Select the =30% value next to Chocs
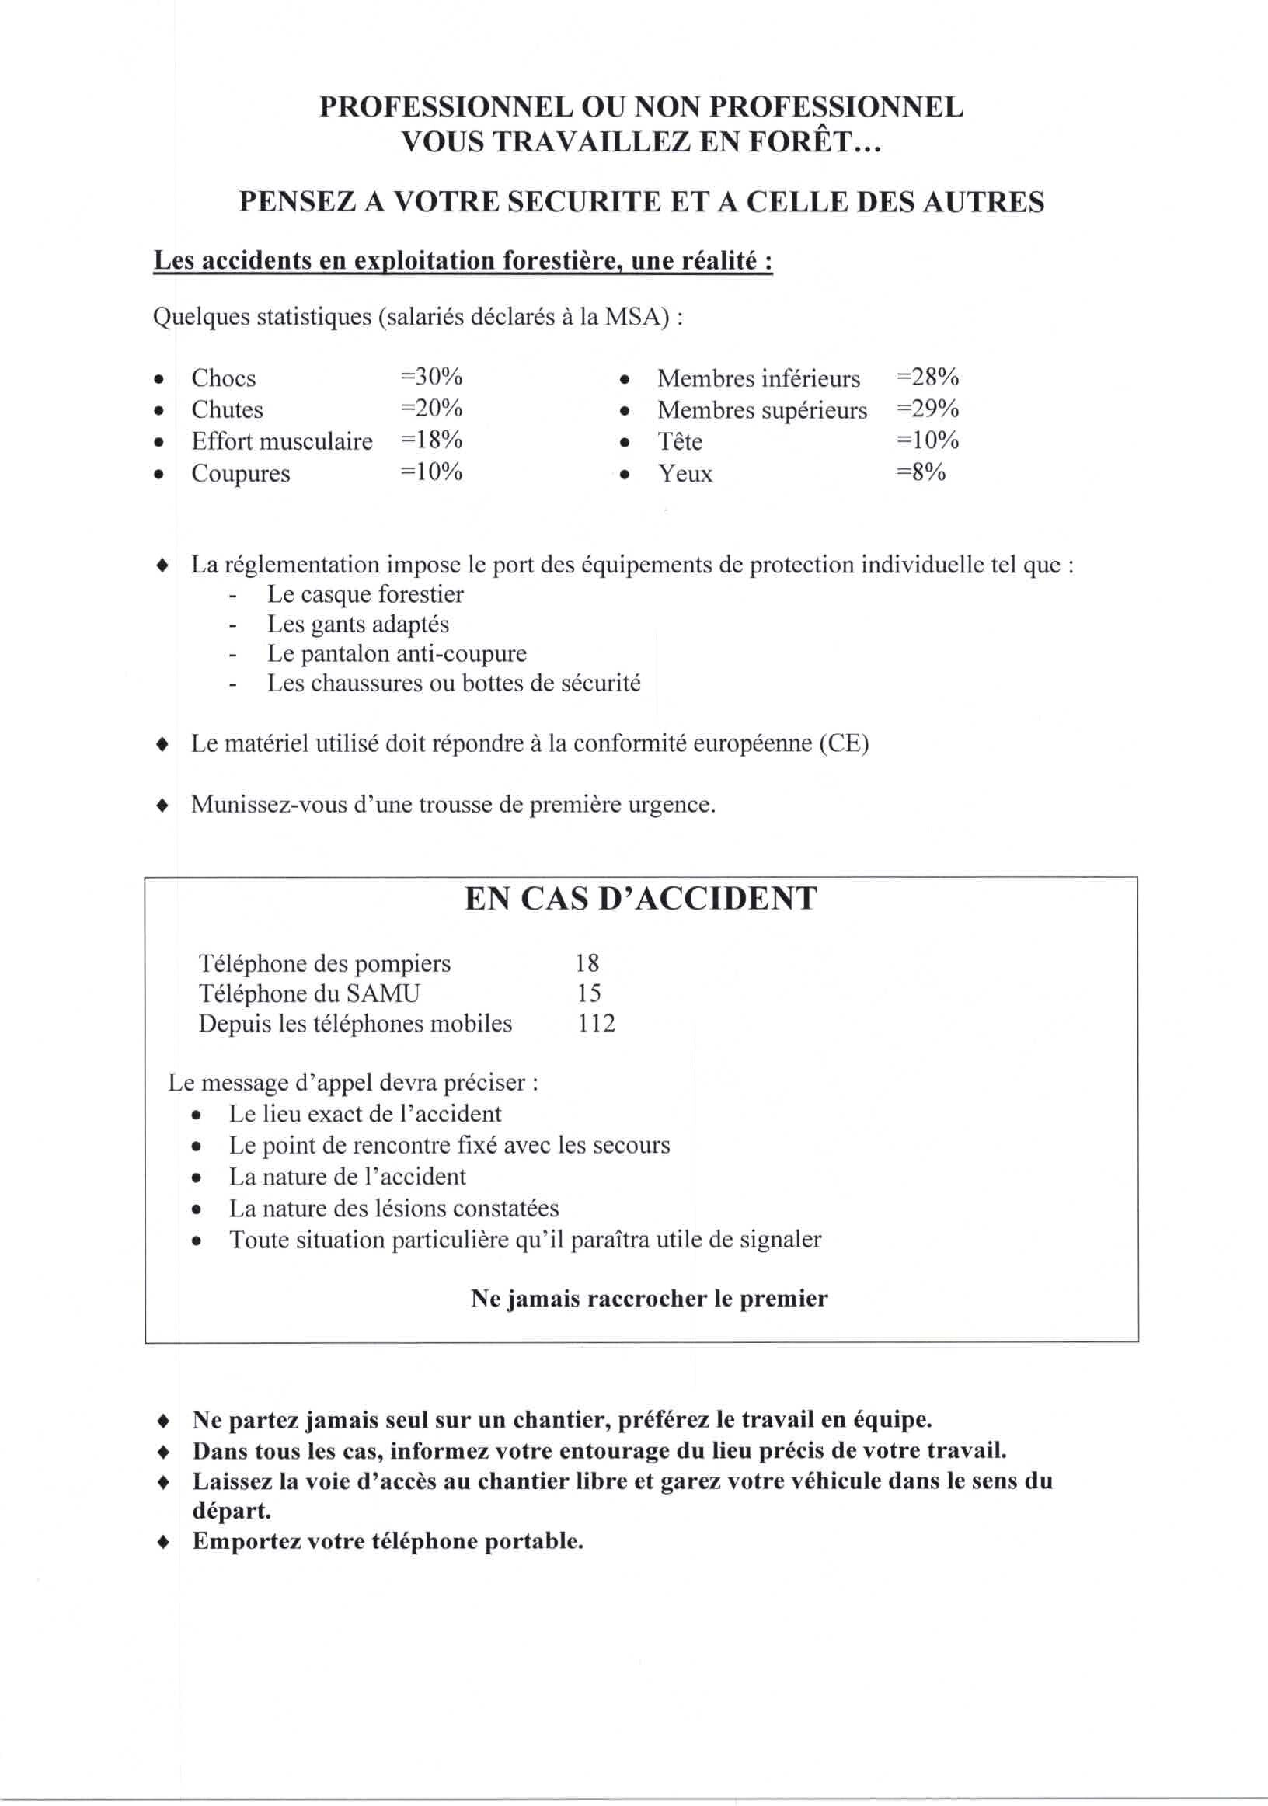431,377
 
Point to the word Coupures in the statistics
241,474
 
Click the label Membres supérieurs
761,410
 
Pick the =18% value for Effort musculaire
431,440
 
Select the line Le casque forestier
365,595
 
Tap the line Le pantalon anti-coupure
396,653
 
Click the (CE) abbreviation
843,743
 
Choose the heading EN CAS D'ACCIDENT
640,898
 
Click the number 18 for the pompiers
587,962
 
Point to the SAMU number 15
588,993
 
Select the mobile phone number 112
595,1023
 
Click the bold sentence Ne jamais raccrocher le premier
649,1298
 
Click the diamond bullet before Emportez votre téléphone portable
163,1541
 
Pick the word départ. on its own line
232,1511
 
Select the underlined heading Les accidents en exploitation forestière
462,261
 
